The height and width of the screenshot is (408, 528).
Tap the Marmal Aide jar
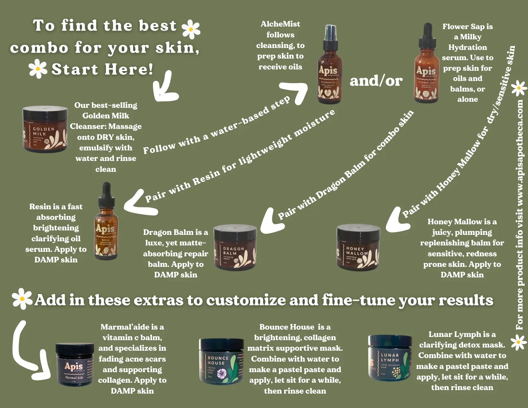(x=75, y=365)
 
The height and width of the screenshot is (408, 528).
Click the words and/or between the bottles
(x=376, y=81)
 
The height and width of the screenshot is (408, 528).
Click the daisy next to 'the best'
(x=191, y=29)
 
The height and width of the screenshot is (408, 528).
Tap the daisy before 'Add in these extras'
(x=22, y=299)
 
